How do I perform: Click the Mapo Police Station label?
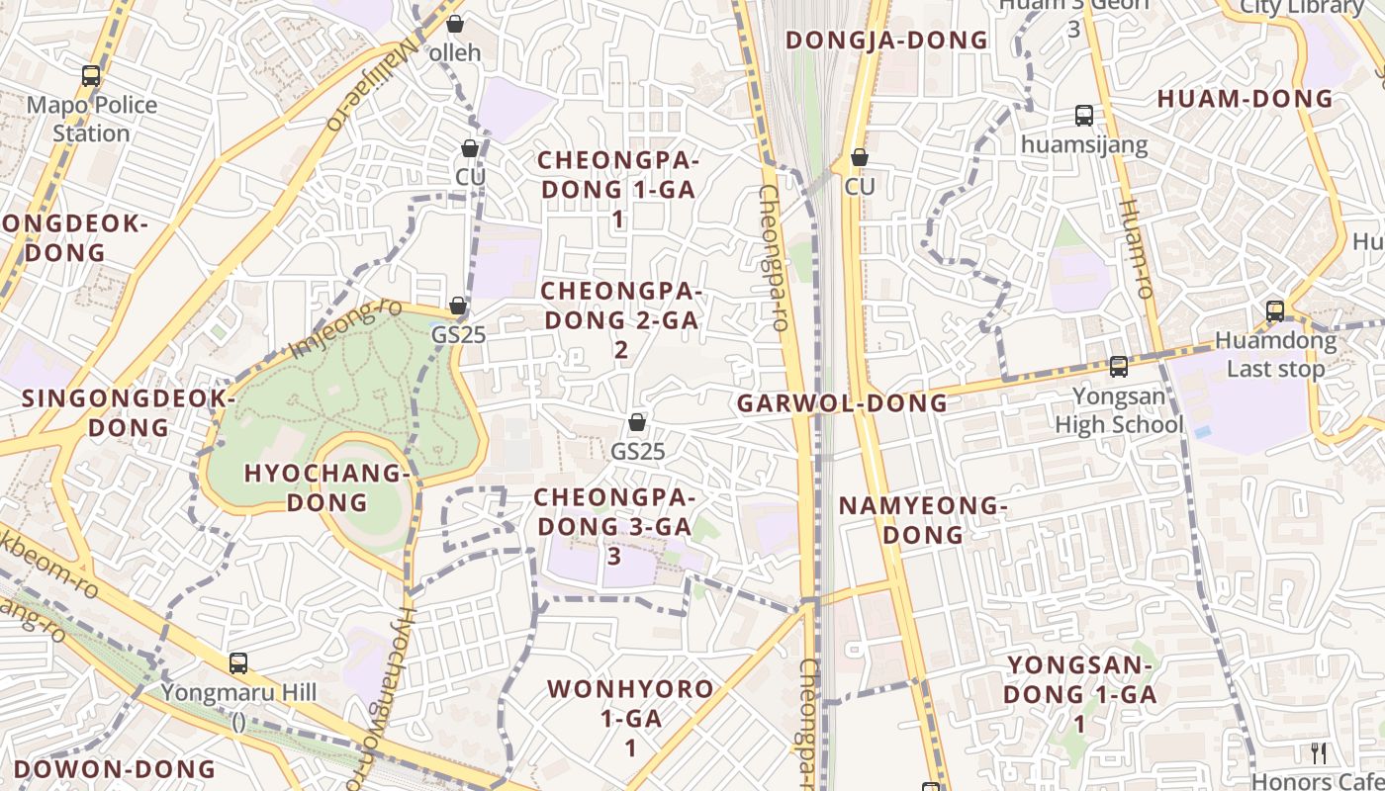(x=91, y=119)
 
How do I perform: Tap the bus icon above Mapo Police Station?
(x=91, y=75)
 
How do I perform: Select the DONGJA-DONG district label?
(x=886, y=41)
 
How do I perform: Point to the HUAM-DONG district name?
(x=1245, y=99)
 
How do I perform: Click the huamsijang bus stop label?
(x=1084, y=145)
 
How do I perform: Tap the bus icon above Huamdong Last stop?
(x=1275, y=311)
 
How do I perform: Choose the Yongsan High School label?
(x=1118, y=411)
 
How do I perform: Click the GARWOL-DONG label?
(x=842, y=403)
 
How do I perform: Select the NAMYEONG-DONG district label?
(x=922, y=520)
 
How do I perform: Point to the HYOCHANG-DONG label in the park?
(x=326, y=487)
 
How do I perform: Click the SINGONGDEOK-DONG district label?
(x=129, y=413)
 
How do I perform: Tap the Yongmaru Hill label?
(x=238, y=692)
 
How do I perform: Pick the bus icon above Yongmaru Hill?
(x=238, y=662)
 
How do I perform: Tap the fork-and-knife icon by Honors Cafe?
(x=1318, y=753)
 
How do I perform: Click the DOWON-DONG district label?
(x=115, y=769)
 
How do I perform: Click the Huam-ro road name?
(x=1137, y=249)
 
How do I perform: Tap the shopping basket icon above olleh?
(x=454, y=23)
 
